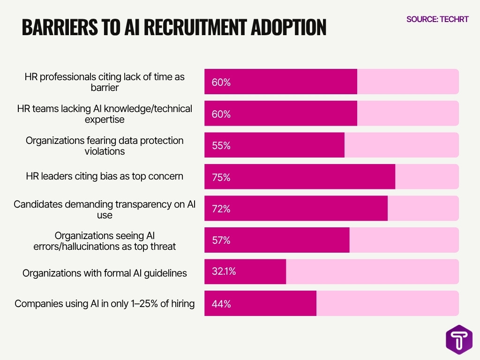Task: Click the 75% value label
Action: pos(221,177)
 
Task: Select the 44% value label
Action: pos(221,304)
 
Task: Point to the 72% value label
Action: pos(221,209)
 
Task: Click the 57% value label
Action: pos(221,240)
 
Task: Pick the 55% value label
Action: pos(221,146)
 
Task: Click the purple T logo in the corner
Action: pos(459,339)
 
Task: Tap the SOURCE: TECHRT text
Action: pos(437,19)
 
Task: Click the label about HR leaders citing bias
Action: pos(105,176)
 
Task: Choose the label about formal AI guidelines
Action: pos(105,273)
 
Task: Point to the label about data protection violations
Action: pos(105,146)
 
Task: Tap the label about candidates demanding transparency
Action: pos(105,210)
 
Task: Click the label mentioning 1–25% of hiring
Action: pos(105,304)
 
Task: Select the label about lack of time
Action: pos(105,82)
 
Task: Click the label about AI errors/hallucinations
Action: pos(105,240)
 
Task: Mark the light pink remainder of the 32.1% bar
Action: pos(372,272)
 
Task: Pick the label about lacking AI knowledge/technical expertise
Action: pos(105,114)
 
